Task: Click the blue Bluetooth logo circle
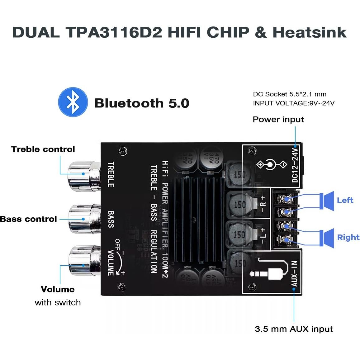click(x=73, y=102)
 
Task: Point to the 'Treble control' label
click(x=43, y=149)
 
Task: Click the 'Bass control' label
click(x=28, y=219)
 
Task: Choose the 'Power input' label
click(x=278, y=120)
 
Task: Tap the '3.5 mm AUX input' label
click(x=294, y=329)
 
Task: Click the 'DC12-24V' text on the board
click(x=295, y=165)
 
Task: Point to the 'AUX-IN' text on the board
click(x=295, y=273)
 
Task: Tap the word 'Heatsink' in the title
click(x=310, y=32)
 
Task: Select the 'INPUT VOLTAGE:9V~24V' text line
click(x=294, y=103)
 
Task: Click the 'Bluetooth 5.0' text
click(x=142, y=103)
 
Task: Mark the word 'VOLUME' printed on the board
click(x=111, y=263)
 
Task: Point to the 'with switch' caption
click(x=58, y=303)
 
